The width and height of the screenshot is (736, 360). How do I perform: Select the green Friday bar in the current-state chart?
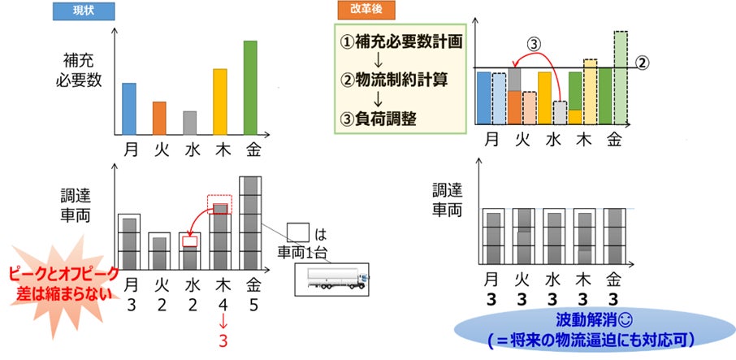coord(249,87)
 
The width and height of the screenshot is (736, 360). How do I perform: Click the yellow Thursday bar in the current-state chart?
coord(219,101)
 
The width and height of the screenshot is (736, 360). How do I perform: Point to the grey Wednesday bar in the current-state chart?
coord(189,122)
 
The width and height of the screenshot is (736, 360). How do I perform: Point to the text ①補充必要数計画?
coord(400,41)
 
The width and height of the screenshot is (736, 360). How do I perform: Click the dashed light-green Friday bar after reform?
coord(621,77)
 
